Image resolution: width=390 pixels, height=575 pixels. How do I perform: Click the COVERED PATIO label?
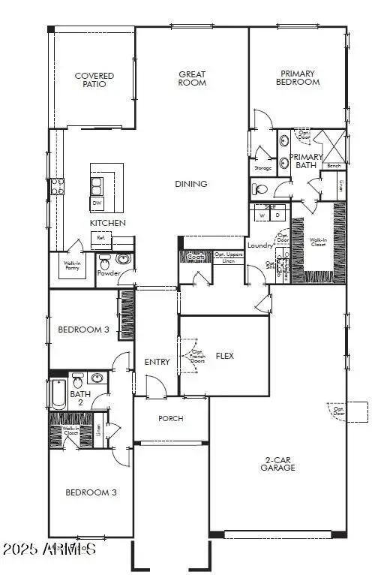tap(94, 80)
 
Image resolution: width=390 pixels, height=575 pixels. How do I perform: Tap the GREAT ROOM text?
tap(192, 79)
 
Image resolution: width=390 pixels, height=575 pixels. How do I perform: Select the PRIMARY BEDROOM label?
tap(298, 78)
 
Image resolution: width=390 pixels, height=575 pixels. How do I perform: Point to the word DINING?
tap(191, 184)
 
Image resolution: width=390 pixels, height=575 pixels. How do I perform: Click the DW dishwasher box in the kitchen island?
tap(97, 203)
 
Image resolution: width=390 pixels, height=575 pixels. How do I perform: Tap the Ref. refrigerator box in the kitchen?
tap(100, 238)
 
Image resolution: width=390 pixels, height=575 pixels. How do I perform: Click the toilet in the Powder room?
tap(106, 263)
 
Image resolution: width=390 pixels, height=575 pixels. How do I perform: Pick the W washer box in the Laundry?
tap(262, 215)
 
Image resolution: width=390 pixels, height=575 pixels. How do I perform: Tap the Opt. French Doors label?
tap(198, 356)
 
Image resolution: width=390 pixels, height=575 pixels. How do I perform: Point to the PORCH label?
tap(171, 418)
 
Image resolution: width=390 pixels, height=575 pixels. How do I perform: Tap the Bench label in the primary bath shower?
tap(334, 166)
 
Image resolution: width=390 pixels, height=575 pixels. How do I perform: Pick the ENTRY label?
tap(157, 362)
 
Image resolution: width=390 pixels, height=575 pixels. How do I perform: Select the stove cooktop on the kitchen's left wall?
tap(56, 185)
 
